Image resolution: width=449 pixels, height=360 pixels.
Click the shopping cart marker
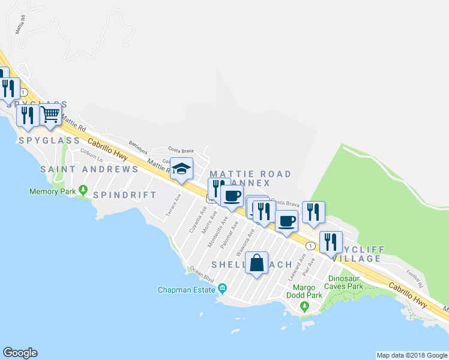[x=51, y=114]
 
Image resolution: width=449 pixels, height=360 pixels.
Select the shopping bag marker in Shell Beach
[x=256, y=263]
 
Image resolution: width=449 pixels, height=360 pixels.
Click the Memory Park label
[x=52, y=192]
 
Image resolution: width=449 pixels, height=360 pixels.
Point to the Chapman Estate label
[x=186, y=290]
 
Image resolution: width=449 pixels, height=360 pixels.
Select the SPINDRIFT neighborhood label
[x=125, y=195]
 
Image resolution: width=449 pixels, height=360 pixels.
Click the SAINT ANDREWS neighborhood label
[x=89, y=169]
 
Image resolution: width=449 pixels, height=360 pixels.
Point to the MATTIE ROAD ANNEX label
[x=250, y=178]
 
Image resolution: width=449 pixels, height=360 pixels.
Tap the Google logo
[x=20, y=353]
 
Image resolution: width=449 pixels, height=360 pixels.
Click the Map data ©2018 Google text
[x=412, y=355]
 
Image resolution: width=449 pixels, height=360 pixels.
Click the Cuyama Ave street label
[x=194, y=221]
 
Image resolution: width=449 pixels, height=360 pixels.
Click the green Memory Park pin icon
[x=83, y=191]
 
